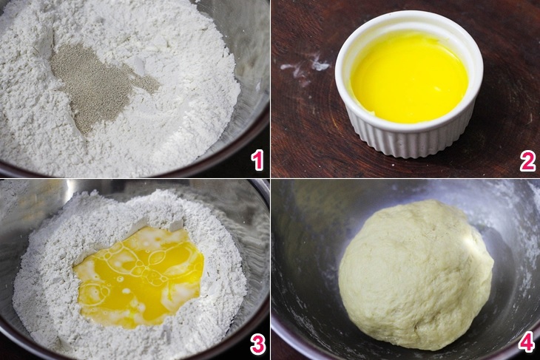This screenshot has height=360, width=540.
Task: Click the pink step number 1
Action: click(x=257, y=160)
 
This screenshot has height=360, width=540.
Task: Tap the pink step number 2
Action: click(x=527, y=160)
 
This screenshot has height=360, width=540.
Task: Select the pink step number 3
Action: click(x=257, y=343)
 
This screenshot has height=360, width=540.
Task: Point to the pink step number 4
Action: click(x=527, y=343)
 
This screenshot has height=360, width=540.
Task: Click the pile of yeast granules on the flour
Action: click(x=96, y=85)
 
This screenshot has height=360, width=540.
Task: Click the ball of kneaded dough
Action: click(x=416, y=274)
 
